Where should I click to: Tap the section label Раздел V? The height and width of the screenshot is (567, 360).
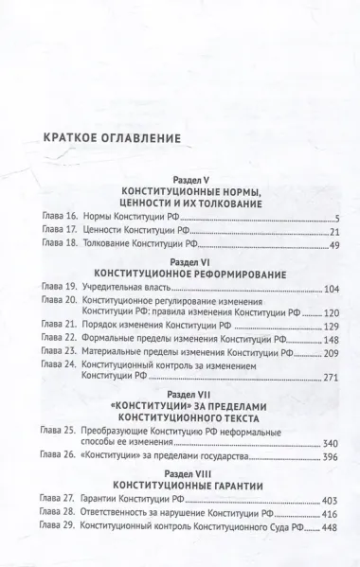(182, 179)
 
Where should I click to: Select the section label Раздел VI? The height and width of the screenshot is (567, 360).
(183, 261)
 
